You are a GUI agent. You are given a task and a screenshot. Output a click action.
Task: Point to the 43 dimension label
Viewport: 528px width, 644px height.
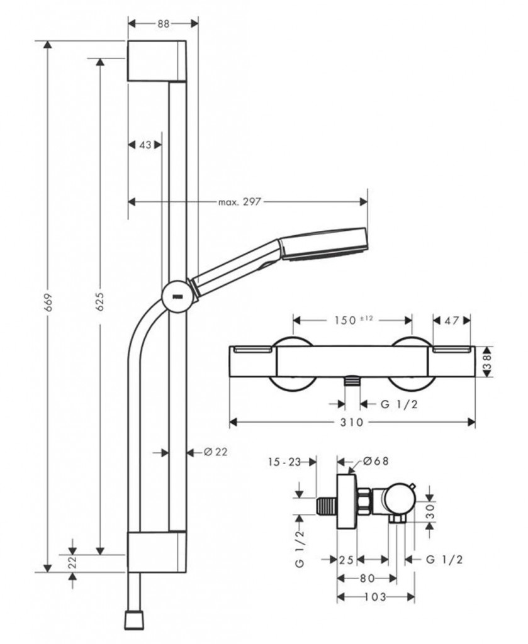(145, 145)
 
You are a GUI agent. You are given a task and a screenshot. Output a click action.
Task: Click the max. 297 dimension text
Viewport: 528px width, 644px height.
(239, 201)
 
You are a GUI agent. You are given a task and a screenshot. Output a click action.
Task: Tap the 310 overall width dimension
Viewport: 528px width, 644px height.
(352, 423)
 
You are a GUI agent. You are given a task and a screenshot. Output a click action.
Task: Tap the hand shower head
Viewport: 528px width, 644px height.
(324, 243)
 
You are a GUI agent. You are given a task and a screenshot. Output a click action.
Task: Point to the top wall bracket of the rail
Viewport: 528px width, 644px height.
(157, 61)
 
